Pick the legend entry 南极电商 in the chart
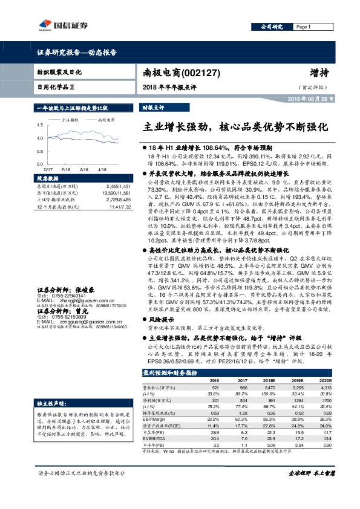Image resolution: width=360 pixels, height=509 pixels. click(106, 121)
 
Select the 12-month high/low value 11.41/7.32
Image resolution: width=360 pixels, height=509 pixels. click(119, 207)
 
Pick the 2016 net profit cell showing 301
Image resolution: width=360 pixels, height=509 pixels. click(214, 401)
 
